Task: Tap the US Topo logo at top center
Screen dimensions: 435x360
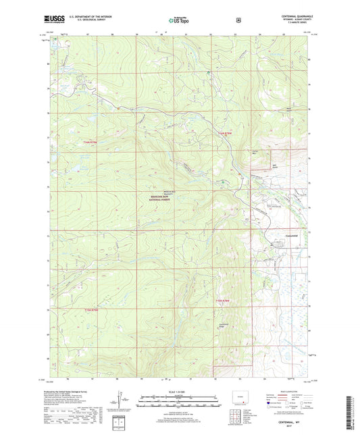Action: coord(180,21)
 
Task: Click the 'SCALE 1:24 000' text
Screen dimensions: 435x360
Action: coord(180,391)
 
